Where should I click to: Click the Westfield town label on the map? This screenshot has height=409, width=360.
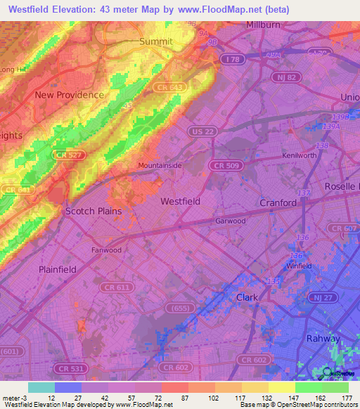point(180,201)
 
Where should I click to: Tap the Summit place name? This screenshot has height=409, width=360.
point(155,41)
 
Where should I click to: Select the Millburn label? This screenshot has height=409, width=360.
point(263,25)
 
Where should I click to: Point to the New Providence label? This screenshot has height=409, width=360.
point(70,95)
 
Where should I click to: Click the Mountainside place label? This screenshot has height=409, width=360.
point(160,165)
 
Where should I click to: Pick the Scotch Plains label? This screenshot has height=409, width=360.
point(93,211)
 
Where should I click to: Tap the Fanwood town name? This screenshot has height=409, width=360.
point(106,249)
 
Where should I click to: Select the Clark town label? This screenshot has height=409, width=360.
point(247,297)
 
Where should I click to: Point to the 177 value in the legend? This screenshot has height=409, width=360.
point(348,397)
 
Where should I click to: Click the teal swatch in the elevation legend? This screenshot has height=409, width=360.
point(41,387)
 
